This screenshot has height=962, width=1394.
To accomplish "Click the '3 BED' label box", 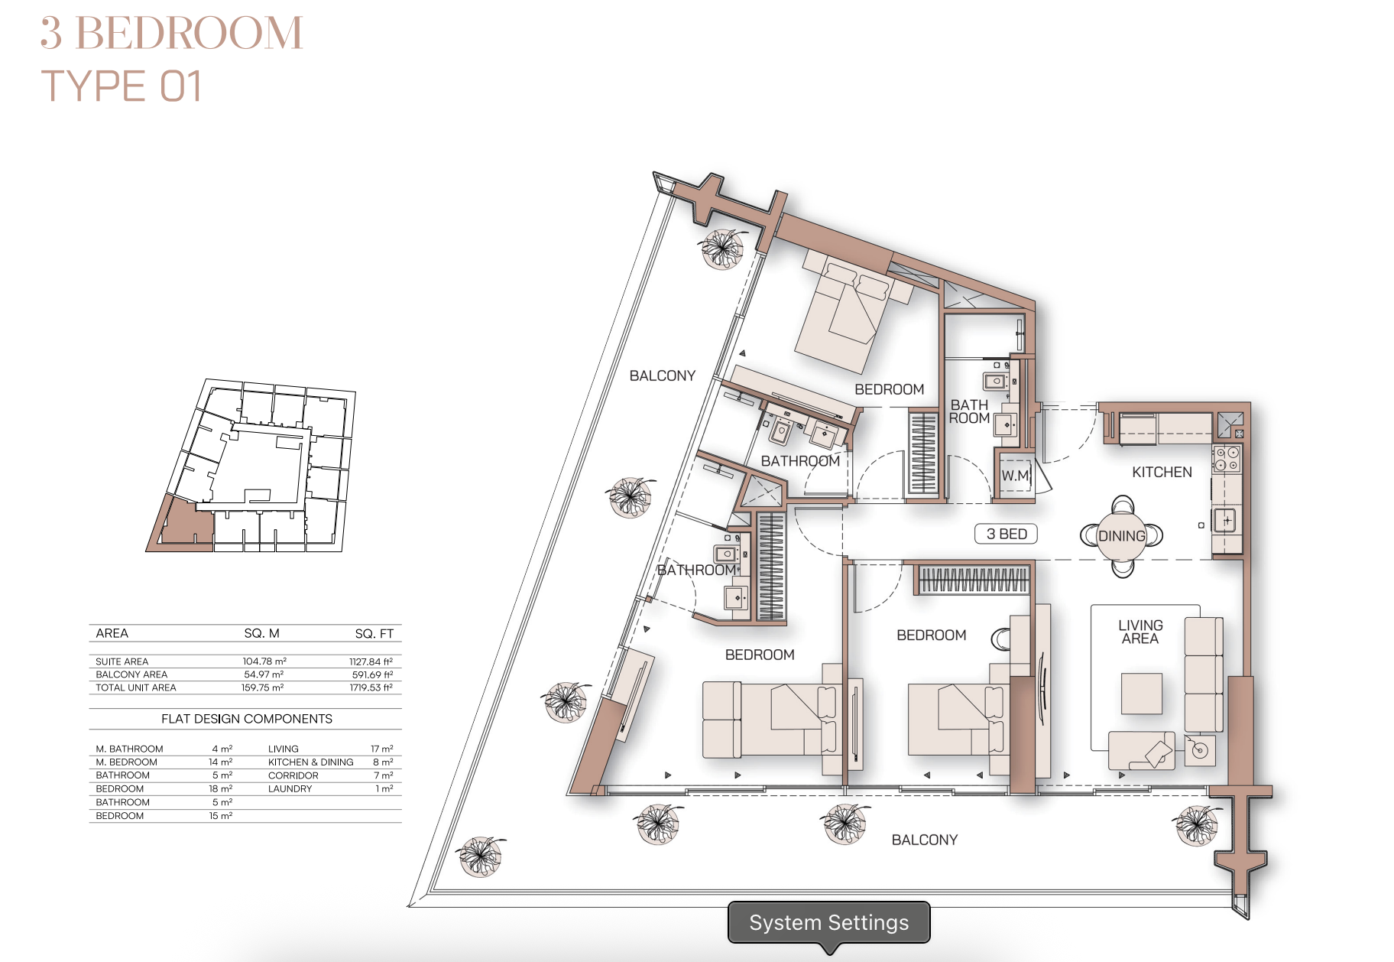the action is click(x=1006, y=534).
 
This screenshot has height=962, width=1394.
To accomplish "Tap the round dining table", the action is click(x=1122, y=536).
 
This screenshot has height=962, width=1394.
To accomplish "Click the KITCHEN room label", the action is click(x=1162, y=472).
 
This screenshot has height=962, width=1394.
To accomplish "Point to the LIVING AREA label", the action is click(x=1140, y=632).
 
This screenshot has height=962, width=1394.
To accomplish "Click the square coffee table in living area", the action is click(x=1141, y=693).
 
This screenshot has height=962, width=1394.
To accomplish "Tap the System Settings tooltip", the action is click(x=829, y=922).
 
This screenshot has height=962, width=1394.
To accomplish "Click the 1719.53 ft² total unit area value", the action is click(x=371, y=687).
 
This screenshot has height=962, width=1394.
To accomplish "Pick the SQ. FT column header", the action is click(x=374, y=633).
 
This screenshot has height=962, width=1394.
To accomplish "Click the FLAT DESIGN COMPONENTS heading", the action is click(x=247, y=719).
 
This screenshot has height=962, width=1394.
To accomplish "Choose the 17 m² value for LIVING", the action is click(x=382, y=749).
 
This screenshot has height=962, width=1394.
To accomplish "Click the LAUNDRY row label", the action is click(x=290, y=788).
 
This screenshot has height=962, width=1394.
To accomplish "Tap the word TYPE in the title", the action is click(x=93, y=86).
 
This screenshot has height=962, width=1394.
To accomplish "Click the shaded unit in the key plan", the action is click(x=181, y=525).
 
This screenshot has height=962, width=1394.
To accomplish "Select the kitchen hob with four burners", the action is click(x=1227, y=459).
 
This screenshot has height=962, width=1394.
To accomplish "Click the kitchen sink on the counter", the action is click(x=1225, y=521).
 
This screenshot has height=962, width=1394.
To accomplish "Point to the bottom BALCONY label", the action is click(x=925, y=840).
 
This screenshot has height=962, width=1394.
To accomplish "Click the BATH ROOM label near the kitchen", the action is click(x=969, y=411).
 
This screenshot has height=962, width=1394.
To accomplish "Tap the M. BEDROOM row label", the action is click(x=127, y=762).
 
